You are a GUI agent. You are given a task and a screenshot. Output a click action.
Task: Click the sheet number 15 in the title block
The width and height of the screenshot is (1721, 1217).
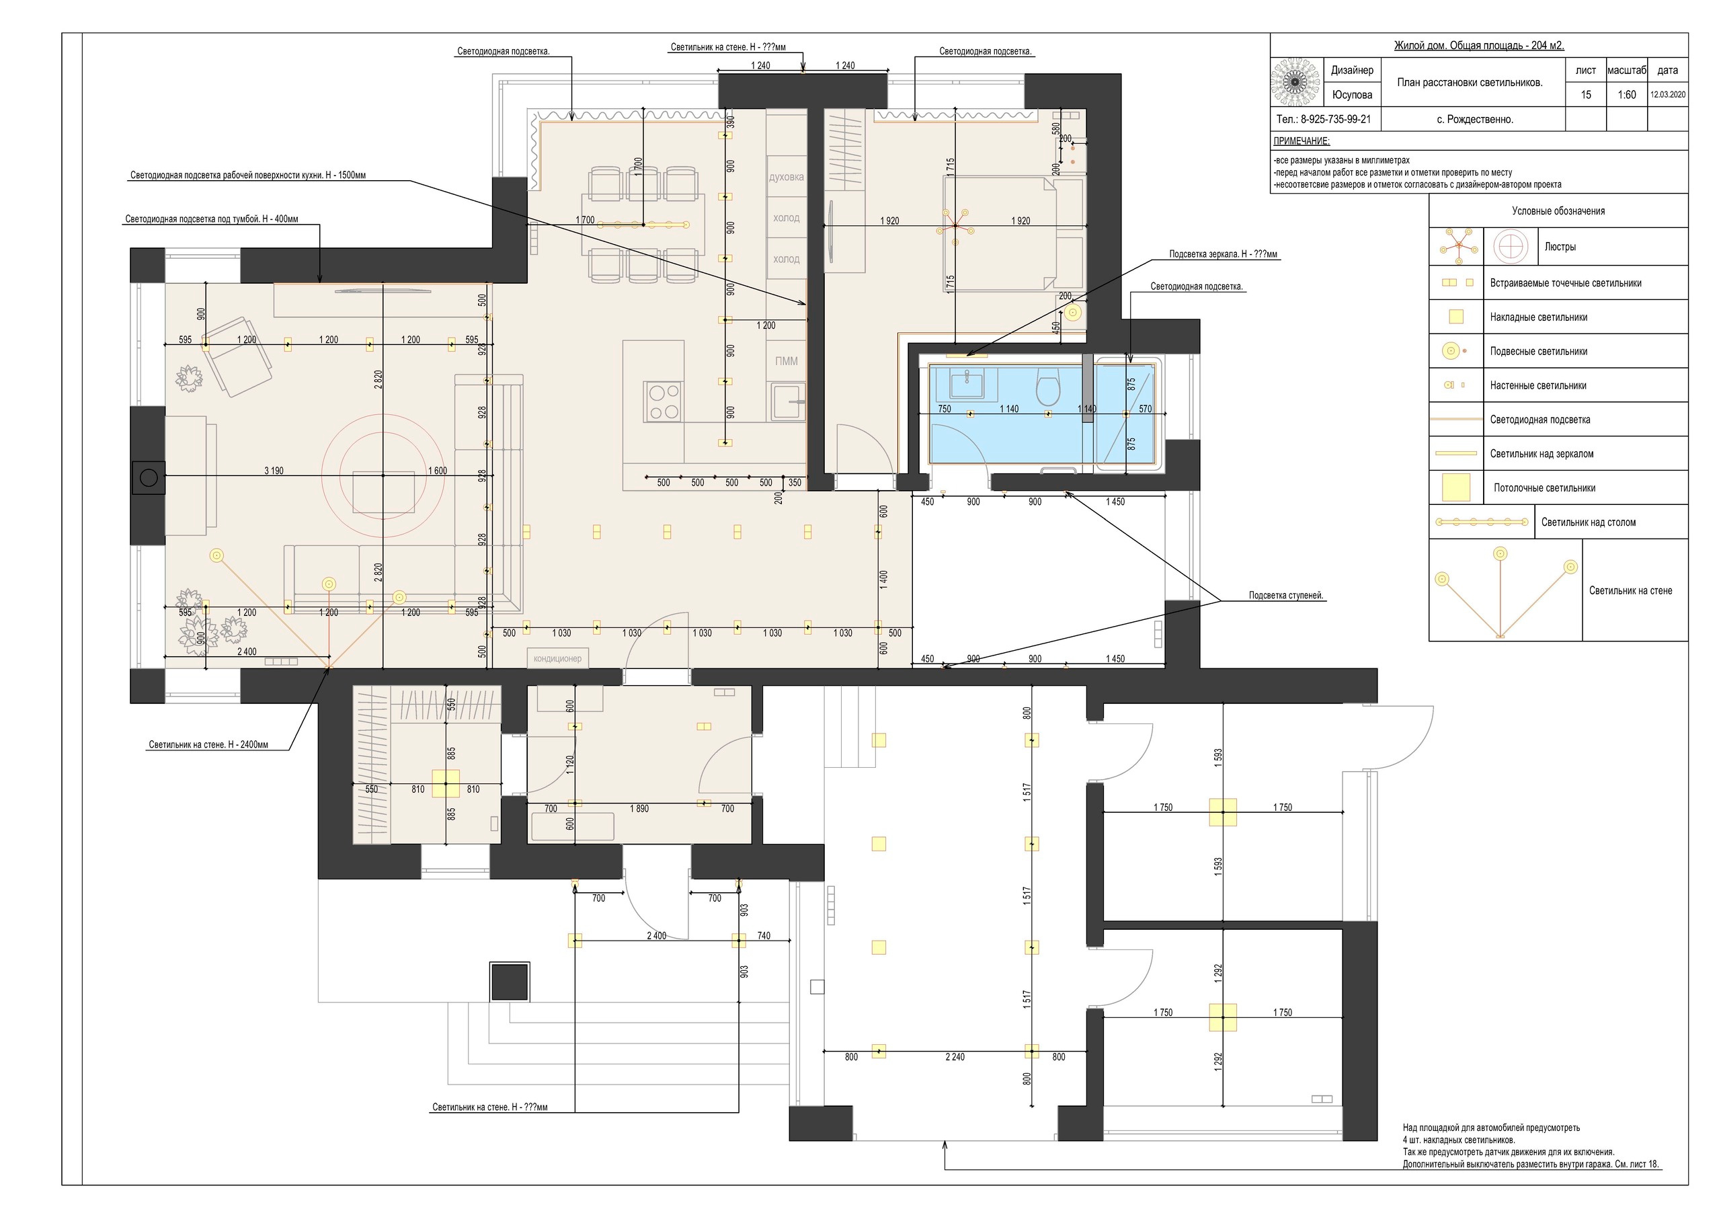[1585, 95]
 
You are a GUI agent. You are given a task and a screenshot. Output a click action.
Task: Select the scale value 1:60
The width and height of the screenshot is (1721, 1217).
[1627, 95]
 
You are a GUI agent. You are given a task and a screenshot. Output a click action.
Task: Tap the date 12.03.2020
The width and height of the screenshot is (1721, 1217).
[1667, 95]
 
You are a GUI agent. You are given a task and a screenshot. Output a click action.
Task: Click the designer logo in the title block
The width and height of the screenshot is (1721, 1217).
[1295, 82]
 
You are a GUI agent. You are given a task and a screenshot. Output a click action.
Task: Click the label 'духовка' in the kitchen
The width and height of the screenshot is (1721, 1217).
[787, 178]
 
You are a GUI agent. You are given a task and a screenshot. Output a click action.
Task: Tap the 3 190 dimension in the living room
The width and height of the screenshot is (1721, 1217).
[274, 471]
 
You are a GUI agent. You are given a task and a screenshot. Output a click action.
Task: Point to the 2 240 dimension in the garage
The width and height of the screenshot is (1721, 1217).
[955, 1057]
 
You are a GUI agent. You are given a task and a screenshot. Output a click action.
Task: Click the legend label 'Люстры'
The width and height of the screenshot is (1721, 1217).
[1560, 247]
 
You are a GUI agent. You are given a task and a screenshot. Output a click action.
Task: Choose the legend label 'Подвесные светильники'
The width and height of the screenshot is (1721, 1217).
[1538, 352]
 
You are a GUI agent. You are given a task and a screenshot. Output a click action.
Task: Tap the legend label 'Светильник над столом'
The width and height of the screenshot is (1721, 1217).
[1589, 522]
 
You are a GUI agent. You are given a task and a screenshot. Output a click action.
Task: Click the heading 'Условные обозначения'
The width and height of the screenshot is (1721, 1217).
[1558, 211]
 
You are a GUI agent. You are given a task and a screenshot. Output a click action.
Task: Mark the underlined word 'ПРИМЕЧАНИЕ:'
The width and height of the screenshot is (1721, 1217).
[1302, 142]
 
